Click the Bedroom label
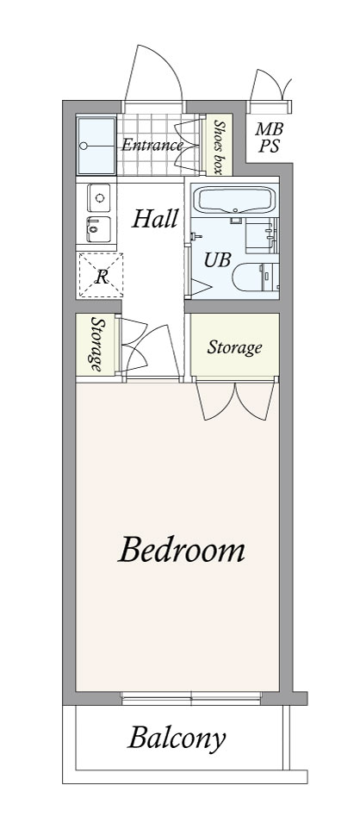[x=182, y=550]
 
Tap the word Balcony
[x=177, y=739]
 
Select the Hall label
[x=154, y=218]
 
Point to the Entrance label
[x=152, y=145]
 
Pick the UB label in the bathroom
[x=218, y=259]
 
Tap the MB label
[x=269, y=128]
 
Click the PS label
[x=269, y=146]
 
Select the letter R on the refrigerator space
[x=101, y=277]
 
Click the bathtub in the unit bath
[x=236, y=200]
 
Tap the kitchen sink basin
[x=98, y=197]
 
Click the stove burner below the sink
[x=98, y=229]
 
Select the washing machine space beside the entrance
[x=96, y=146]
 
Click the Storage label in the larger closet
[x=234, y=347]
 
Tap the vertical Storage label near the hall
[x=96, y=345]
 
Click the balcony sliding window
[x=191, y=699]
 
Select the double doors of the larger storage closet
[x=235, y=400]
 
